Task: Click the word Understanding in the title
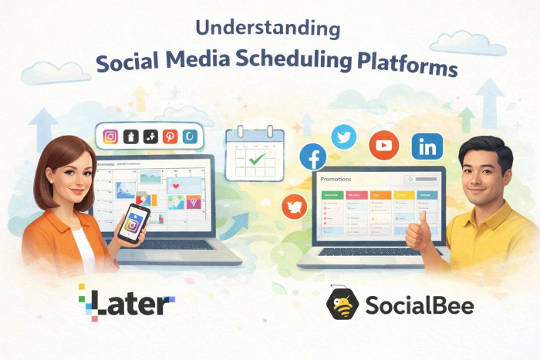[x=268, y=30]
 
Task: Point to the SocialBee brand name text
[x=420, y=305]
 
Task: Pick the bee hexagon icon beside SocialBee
[x=343, y=304]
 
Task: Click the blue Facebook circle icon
[x=313, y=156]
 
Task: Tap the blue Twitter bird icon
[x=344, y=137]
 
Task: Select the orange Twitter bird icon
[x=295, y=206]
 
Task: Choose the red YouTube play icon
[x=383, y=145]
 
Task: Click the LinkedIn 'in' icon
[x=427, y=146]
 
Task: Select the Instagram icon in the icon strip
[x=111, y=136]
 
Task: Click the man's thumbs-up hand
[x=419, y=235]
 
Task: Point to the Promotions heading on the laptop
[x=336, y=179]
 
